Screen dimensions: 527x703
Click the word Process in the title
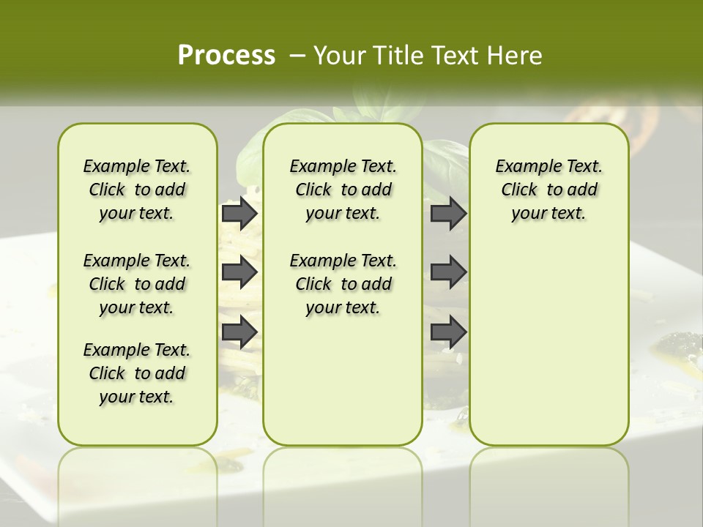[226, 56]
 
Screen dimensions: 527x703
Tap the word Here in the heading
[516, 56]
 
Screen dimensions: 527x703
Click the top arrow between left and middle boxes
[239, 213]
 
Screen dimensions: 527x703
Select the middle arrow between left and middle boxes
[239, 272]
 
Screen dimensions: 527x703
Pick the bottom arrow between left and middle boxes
[239, 332]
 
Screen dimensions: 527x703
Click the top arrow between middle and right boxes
[448, 213]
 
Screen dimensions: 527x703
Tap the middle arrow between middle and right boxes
[448, 272]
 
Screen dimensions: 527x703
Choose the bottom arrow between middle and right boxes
[448, 332]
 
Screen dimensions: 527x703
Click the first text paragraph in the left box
[137, 190]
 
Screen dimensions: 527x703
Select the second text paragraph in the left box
[137, 284]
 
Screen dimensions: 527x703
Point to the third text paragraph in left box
[137, 373]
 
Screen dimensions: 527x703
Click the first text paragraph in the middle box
[343, 190]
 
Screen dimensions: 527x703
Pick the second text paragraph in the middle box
[343, 284]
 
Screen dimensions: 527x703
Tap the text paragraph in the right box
[548, 190]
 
